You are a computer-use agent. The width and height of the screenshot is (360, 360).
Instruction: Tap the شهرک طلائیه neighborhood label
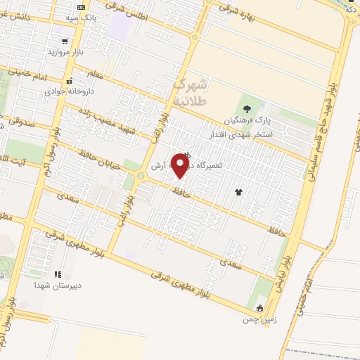click(x=191, y=92)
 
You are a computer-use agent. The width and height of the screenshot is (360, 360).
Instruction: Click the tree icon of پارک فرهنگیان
click(x=246, y=108)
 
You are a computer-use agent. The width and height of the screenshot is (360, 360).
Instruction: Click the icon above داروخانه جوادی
click(x=68, y=81)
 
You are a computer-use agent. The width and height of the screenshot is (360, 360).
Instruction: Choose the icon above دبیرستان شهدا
click(x=58, y=274)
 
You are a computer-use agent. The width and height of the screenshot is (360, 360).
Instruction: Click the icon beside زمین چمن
click(x=259, y=308)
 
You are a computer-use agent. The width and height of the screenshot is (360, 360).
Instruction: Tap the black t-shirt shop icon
click(x=239, y=191)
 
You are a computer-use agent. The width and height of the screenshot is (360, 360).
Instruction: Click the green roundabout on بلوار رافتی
click(x=140, y=176)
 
